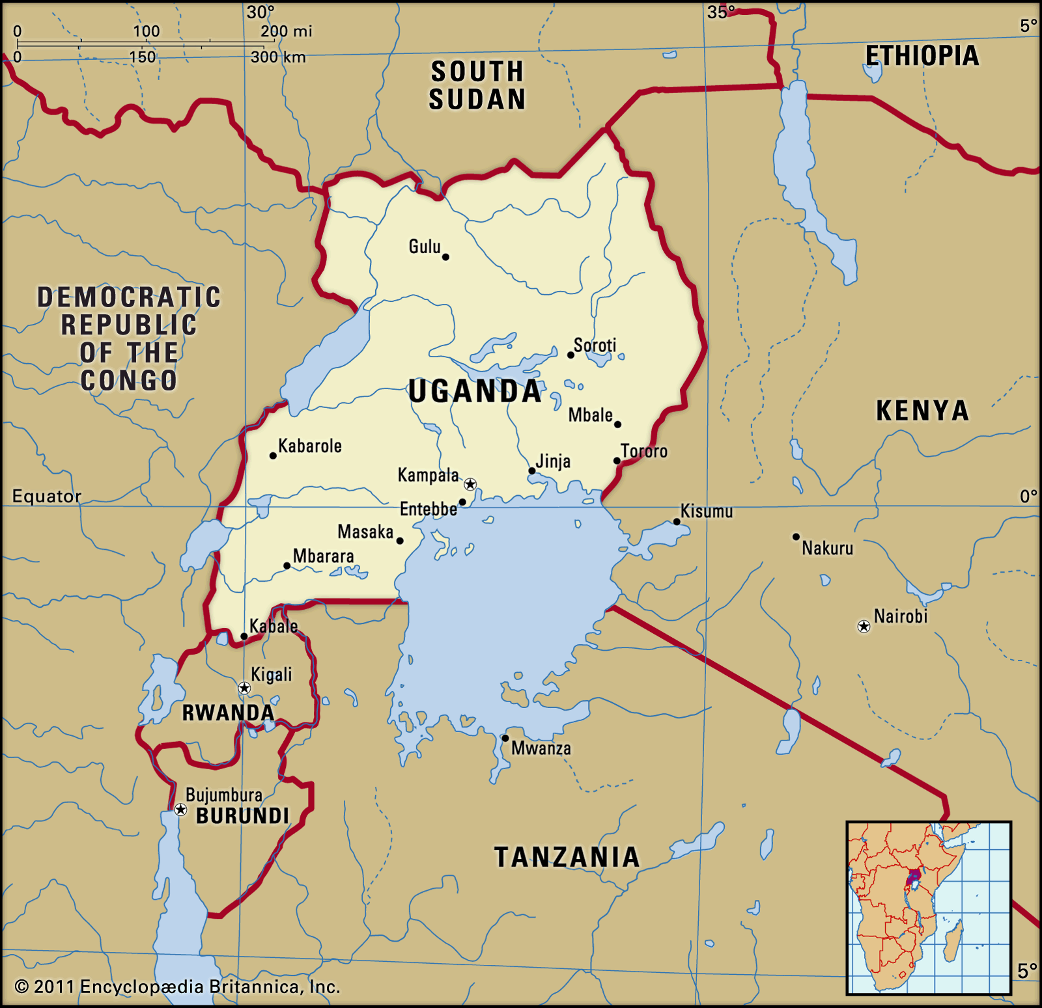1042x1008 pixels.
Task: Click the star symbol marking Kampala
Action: (470, 484)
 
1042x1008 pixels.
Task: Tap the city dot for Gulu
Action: (445, 257)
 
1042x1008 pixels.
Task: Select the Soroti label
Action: (595, 345)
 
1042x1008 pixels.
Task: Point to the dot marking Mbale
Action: (617, 424)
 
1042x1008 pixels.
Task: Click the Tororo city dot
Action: (617, 461)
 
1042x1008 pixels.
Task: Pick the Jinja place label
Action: (554, 461)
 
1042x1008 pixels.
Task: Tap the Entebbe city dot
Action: (462, 502)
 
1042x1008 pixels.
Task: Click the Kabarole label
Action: (310, 446)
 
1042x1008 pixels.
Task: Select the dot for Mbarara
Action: (287, 565)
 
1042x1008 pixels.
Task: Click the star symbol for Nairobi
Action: (864, 627)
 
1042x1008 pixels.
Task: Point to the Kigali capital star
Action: (244, 688)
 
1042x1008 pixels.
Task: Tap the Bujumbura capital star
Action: (181, 810)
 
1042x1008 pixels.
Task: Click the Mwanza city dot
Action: (505, 738)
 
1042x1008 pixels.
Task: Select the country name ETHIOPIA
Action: (922, 57)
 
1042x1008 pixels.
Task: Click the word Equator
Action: (47, 497)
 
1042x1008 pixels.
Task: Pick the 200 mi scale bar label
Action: (287, 31)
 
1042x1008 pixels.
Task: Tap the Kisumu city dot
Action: (677, 522)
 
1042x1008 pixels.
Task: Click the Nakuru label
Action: (827, 549)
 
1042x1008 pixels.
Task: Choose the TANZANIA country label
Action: (567, 857)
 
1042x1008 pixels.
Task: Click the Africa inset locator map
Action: (929, 908)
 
